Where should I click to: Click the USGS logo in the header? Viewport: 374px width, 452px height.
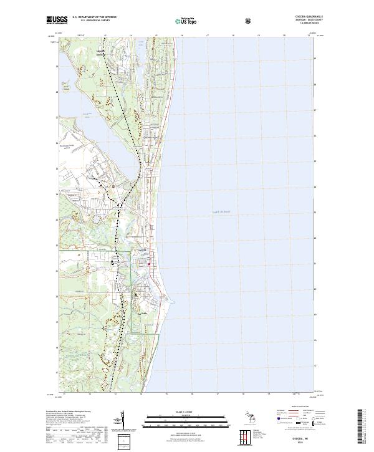click(57, 20)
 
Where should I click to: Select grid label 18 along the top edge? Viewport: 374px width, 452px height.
click(233, 36)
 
